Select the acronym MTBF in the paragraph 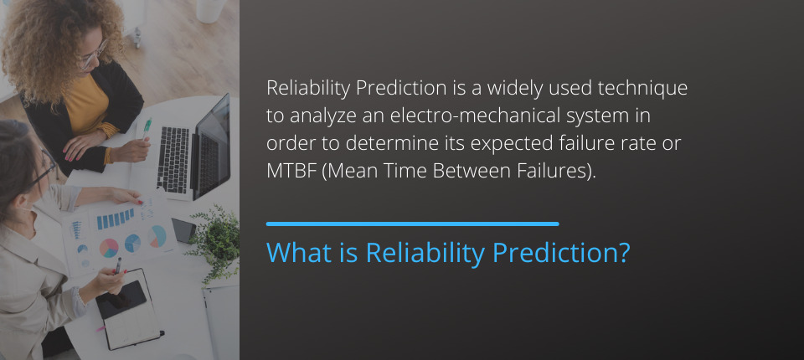point(291,172)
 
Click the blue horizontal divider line point(412,224)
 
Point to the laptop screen point(211,147)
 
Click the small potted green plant point(216,241)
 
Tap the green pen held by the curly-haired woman point(147,128)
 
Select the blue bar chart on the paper point(116,219)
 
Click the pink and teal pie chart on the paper point(109,248)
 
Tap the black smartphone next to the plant point(183,230)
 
